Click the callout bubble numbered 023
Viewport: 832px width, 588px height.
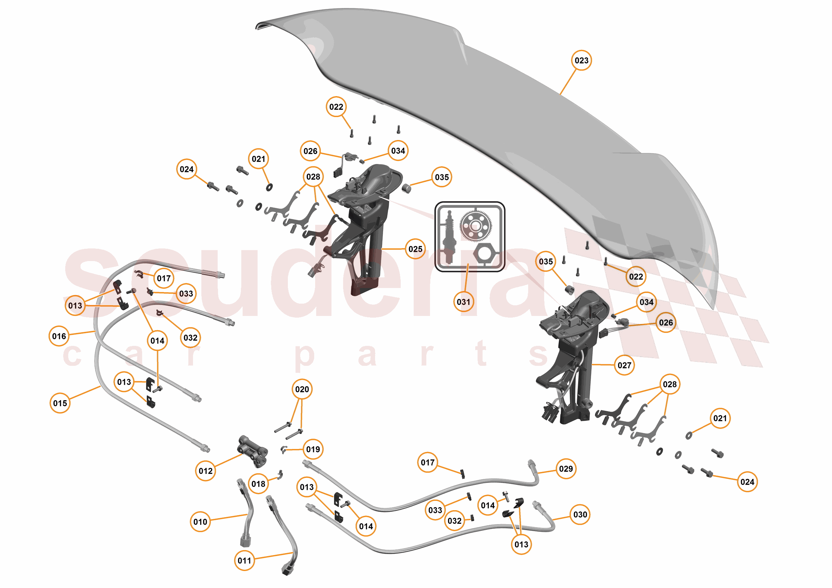(581, 61)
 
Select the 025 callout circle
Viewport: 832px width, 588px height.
(415, 249)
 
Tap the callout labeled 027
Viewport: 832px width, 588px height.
(624, 365)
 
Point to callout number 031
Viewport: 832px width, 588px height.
(464, 302)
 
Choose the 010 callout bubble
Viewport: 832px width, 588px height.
(200, 522)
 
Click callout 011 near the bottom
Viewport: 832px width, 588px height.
(245, 560)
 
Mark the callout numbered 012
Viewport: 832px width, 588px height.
(206, 471)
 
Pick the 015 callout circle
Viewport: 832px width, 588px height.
(60, 403)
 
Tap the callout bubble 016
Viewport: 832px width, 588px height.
(59, 336)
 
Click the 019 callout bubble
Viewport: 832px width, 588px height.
(313, 449)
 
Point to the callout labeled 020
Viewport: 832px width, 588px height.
(302, 389)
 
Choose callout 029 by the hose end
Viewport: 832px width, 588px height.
(566, 469)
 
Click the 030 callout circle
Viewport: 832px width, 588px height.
(580, 514)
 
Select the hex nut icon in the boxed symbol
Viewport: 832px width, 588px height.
(487, 253)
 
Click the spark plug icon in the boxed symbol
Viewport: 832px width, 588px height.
(449, 237)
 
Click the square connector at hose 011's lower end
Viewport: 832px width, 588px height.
(287, 570)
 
